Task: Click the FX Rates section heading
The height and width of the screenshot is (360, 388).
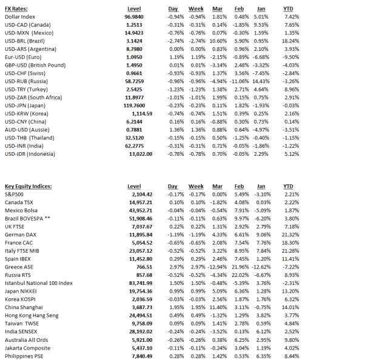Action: (17, 8)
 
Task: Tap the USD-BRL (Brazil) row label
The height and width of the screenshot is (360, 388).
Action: (27, 41)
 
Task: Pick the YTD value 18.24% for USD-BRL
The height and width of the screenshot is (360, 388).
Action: (290, 41)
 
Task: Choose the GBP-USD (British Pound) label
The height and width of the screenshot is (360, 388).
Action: (35, 64)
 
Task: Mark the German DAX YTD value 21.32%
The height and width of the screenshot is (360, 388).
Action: (289, 235)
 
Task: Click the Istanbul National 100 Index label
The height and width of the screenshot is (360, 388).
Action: (39, 282)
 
